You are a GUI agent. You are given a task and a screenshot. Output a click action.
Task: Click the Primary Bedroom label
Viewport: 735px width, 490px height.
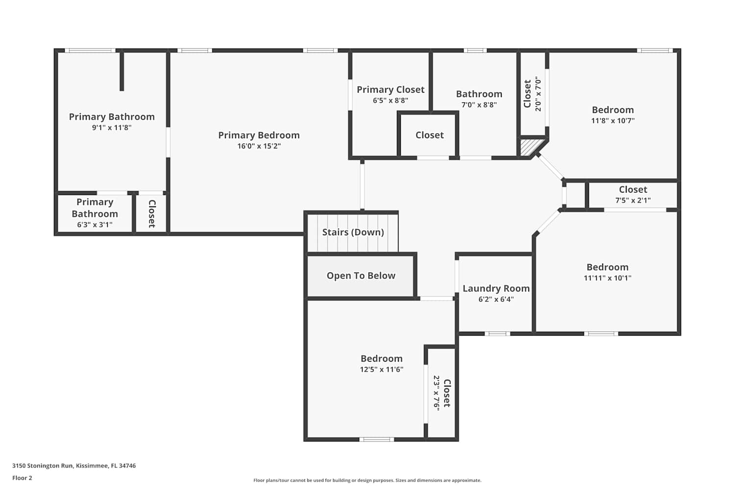tap(259, 135)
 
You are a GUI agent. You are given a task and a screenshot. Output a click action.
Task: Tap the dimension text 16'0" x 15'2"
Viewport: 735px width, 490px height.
tap(259, 146)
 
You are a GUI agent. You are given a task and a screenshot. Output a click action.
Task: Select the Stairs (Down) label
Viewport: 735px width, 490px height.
tap(353, 232)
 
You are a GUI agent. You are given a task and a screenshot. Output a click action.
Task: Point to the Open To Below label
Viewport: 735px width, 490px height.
tap(361, 276)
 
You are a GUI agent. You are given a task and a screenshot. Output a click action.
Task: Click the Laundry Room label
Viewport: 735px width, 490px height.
tap(496, 289)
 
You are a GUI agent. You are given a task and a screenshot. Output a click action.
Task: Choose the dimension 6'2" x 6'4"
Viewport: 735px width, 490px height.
tap(496, 299)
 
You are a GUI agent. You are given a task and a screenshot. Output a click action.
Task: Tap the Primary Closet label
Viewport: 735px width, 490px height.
tap(391, 90)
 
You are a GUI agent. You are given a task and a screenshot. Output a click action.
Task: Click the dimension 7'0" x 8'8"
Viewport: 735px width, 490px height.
tap(479, 105)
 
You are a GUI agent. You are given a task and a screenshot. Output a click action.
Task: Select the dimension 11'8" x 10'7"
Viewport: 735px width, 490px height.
tap(613, 121)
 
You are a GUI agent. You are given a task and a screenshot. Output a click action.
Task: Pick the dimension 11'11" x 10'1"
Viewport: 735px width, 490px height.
tap(608, 278)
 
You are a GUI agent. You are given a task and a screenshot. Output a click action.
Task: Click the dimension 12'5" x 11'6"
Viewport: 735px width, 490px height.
tap(382, 369)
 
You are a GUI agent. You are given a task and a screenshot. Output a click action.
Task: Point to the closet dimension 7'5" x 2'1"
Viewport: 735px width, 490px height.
tap(633, 200)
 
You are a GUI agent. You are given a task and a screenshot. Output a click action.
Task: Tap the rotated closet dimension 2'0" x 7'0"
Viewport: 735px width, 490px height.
tap(538, 94)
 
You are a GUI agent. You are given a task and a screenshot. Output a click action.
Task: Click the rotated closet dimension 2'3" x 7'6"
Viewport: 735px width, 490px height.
tap(437, 393)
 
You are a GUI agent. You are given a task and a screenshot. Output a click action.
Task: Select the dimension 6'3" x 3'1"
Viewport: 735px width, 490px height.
tap(95, 225)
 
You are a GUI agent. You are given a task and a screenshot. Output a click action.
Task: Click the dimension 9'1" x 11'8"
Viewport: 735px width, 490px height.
tap(112, 128)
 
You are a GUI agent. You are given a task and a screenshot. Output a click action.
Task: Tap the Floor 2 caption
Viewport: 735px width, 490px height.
tap(23, 478)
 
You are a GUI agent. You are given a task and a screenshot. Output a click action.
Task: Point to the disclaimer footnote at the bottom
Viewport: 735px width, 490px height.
tap(367, 480)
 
